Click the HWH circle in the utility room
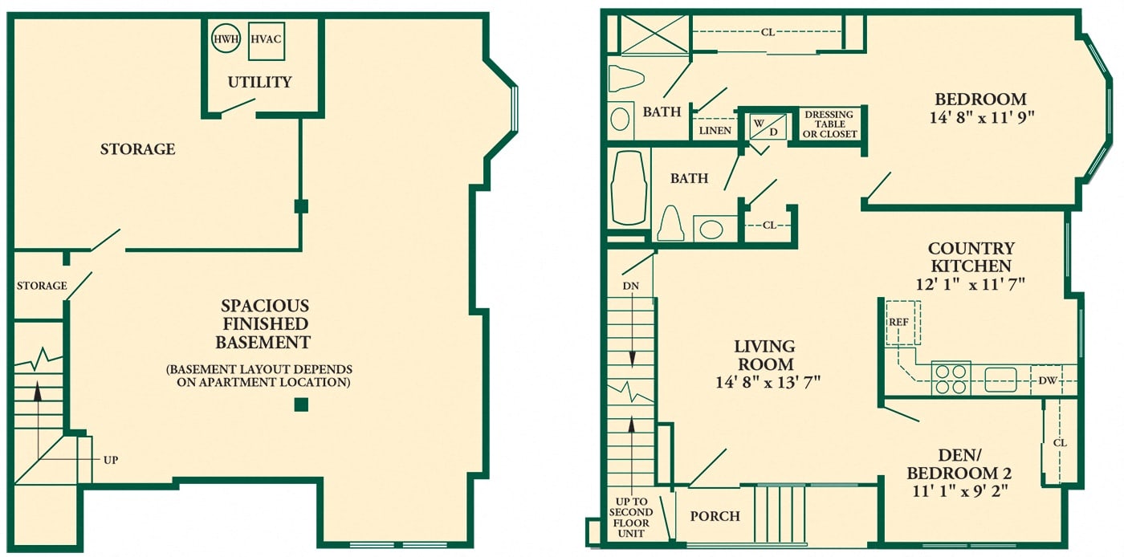tap(226, 39)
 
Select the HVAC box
tap(267, 41)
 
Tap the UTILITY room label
tap(259, 82)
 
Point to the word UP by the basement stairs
tap(111, 460)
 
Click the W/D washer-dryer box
tap(768, 127)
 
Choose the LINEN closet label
tap(715, 131)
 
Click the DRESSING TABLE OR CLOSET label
tap(829, 124)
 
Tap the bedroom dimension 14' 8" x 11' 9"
tap(982, 117)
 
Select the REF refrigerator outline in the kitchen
tap(902, 323)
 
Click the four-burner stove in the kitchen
tap(951, 379)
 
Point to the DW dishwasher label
tap(1048, 381)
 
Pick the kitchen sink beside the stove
tap(1000, 380)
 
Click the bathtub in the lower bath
tap(628, 188)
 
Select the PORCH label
tap(715, 516)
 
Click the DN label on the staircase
tap(631, 286)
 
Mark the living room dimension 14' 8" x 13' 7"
tap(768, 382)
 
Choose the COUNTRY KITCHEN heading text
tap(971, 257)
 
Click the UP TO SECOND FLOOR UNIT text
tap(631, 518)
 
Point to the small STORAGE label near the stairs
tap(42, 286)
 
